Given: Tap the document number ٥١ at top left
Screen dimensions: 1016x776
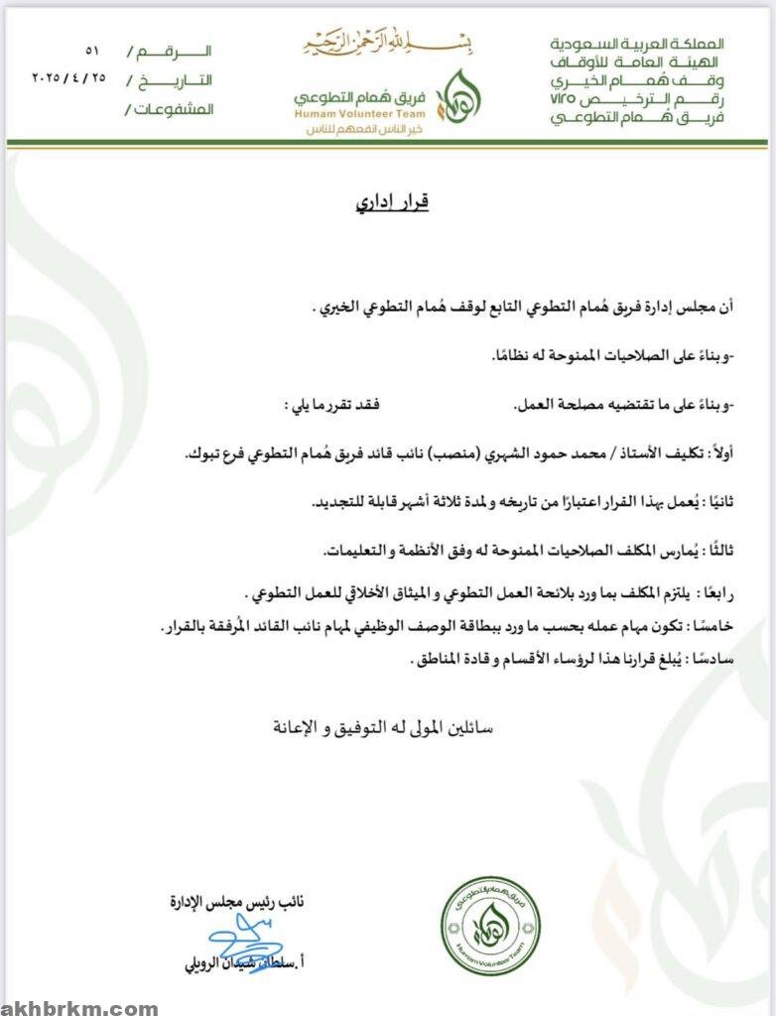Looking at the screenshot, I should click(92, 50).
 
